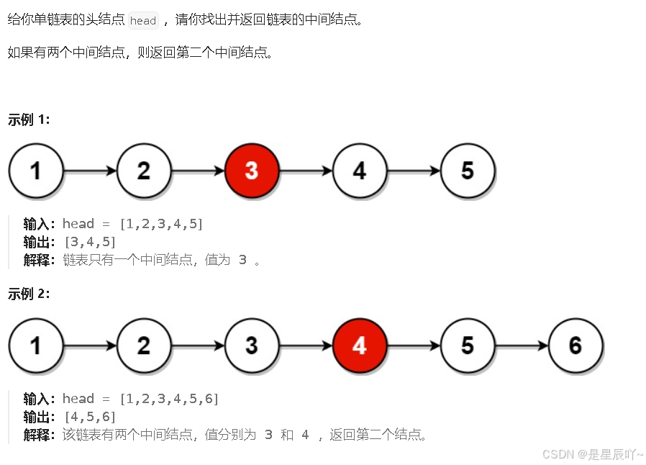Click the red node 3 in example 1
(251, 171)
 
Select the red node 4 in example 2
(359, 346)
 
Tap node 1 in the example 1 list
(36, 171)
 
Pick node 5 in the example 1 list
(468, 171)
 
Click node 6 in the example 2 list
(575, 346)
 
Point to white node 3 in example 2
(251, 346)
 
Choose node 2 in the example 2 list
(144, 346)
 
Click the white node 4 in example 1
(359, 171)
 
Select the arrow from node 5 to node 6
(521, 346)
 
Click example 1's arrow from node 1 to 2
(90, 171)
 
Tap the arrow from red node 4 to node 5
(413, 346)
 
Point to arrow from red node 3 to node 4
(305, 171)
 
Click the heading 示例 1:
(29, 119)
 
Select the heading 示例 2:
(29, 294)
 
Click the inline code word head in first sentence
(142, 20)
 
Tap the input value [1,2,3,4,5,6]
(169, 399)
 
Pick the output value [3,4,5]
(90, 242)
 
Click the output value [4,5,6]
(90, 417)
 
